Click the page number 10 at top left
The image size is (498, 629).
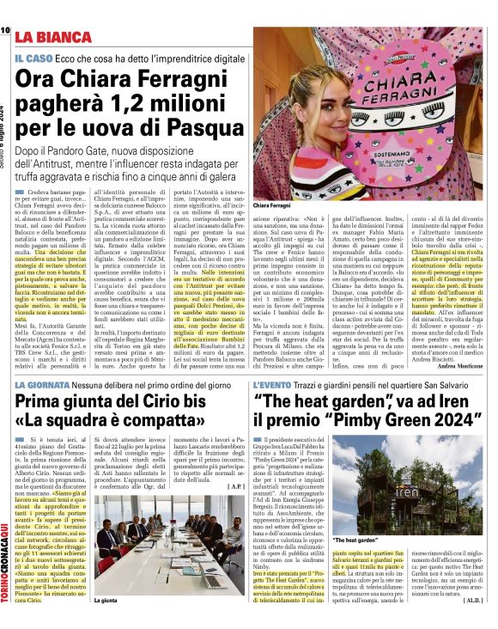(6, 30)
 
